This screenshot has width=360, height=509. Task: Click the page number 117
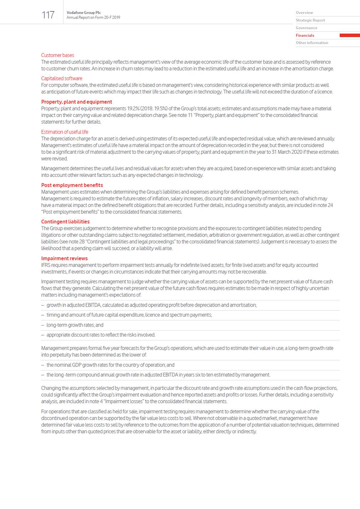48,15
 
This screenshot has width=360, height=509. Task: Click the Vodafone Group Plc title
84,12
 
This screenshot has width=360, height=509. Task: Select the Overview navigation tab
304,13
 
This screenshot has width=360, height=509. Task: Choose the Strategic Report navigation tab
310,20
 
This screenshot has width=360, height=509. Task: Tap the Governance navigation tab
306,28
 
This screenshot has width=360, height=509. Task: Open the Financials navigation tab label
305,35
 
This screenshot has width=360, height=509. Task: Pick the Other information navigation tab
312,43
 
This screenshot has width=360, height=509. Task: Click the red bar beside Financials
349,35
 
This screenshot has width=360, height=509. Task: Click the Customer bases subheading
57,55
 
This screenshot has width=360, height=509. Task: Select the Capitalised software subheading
61,79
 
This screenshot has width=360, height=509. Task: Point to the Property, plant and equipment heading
76,102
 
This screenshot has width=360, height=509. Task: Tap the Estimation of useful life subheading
65,132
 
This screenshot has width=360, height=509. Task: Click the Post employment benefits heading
72,185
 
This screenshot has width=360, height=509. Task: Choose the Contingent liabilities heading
65,222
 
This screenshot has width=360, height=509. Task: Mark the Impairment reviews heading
64,258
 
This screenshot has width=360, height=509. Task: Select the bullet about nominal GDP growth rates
110,365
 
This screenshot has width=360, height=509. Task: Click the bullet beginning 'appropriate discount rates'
101,335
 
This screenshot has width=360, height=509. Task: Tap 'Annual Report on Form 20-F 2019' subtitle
93,17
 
